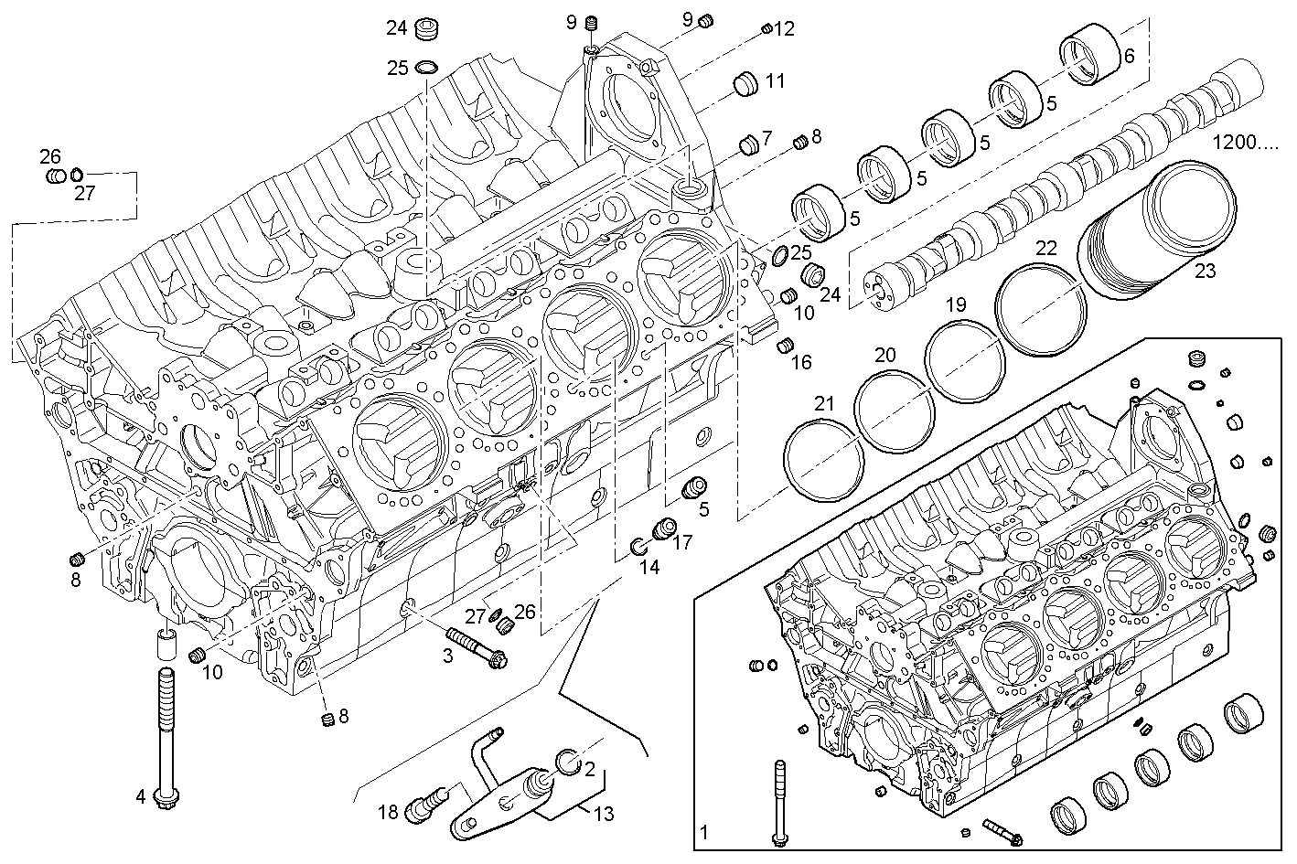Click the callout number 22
[x=1046, y=249]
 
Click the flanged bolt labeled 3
[x=476, y=646]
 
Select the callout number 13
[x=603, y=814]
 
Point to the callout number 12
[x=784, y=29]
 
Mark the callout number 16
[x=800, y=362]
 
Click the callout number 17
[x=682, y=543]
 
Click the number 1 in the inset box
[x=703, y=832]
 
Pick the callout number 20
[x=884, y=355]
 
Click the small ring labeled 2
[x=567, y=760]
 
